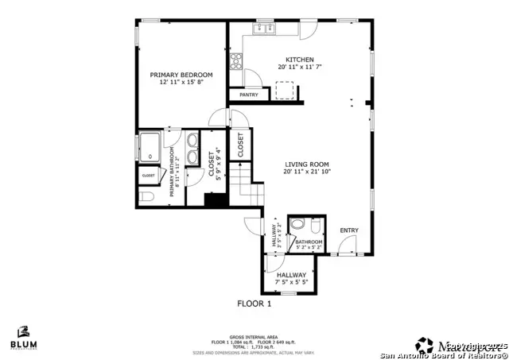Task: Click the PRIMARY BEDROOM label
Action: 181,75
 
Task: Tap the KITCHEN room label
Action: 301,60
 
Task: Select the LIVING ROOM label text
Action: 302,165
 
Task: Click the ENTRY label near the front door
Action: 349,230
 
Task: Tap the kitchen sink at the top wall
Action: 264,29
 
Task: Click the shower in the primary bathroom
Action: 150,147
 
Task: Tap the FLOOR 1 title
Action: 254,304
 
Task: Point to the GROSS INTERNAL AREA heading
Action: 254,336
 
